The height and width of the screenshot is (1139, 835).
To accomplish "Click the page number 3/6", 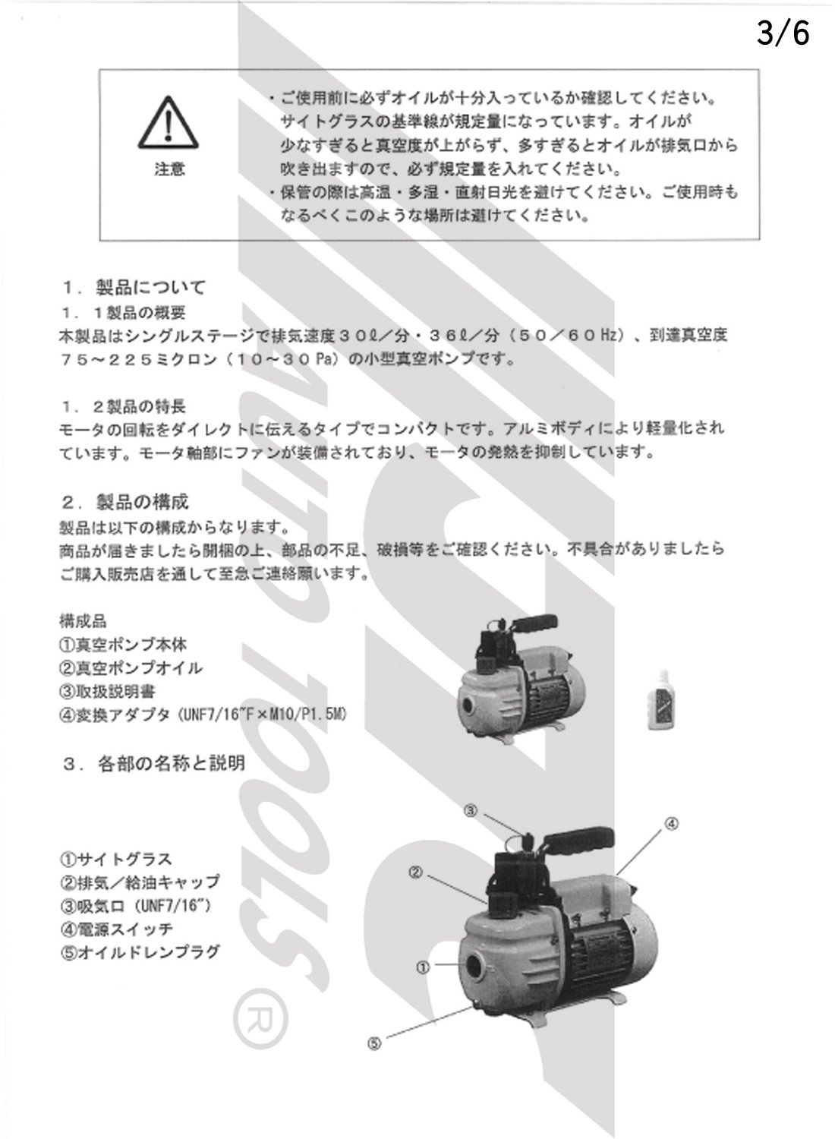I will point(783,34).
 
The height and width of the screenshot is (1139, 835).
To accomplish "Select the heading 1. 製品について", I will point(134,287).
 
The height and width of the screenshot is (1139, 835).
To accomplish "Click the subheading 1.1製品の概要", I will point(123,312).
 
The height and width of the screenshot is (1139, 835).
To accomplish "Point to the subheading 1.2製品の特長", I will point(123,408).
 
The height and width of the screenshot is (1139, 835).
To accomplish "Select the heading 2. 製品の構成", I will point(125,502).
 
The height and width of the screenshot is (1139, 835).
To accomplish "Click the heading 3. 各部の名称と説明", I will point(153,762).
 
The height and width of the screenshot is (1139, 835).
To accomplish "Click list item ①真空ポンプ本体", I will point(122,645).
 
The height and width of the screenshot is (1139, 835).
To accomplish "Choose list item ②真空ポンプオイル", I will point(131,668).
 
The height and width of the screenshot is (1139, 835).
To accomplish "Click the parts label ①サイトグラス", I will point(115,860).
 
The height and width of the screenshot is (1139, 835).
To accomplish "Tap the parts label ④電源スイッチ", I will point(116,928).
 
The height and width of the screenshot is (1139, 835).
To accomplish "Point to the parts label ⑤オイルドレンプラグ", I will point(140,951).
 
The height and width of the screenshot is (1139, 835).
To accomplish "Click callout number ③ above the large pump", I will point(471,811).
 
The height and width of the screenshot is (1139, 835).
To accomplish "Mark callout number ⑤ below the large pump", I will point(373,1043).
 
